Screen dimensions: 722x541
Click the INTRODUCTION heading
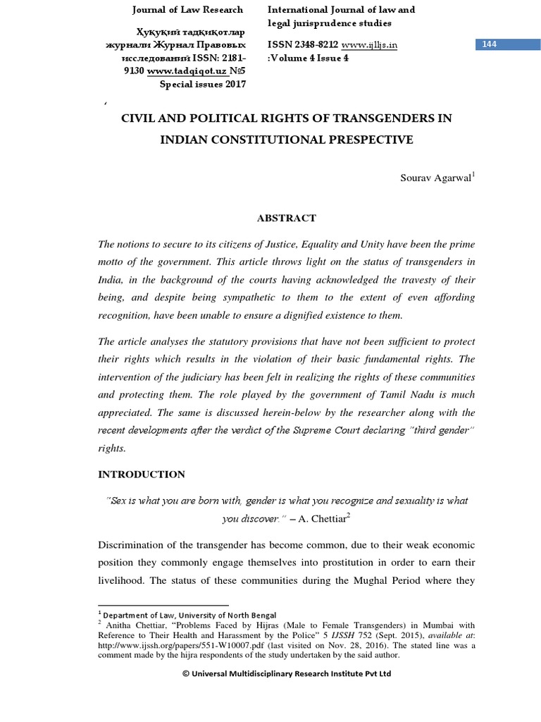pos(141,475)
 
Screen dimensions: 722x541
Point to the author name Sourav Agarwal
pos(435,178)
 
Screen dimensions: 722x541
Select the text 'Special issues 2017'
pos(203,85)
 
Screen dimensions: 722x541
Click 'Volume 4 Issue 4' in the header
pos(310,58)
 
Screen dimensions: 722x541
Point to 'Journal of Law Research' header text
pos(188,10)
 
